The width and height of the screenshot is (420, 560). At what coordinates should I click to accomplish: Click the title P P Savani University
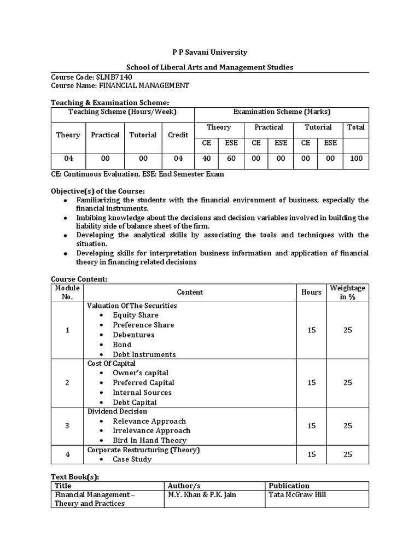point(210,52)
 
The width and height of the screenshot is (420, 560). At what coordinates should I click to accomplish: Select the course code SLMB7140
point(113,77)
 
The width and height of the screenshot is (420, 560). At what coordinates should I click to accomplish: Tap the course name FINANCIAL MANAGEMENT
point(144,86)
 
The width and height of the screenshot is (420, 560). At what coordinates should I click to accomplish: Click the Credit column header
point(178,135)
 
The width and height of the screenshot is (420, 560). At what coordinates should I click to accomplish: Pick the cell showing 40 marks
point(207,159)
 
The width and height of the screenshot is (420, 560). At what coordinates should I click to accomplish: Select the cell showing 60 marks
point(231,159)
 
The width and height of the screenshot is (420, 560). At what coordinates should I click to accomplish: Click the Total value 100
point(355,159)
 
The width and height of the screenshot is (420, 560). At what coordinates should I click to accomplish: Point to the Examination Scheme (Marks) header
point(282,112)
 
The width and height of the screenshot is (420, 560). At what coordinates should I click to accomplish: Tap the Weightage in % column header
point(347,293)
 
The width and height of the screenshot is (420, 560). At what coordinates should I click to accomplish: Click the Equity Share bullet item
point(135,315)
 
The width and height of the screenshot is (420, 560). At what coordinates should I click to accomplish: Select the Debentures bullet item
point(133,335)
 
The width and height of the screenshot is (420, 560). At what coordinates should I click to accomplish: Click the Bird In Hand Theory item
point(149,440)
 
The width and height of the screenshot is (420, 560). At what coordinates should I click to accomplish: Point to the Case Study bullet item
point(132,459)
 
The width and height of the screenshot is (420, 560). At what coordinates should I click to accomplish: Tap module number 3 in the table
point(67,426)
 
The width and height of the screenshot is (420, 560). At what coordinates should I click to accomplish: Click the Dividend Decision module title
point(117,411)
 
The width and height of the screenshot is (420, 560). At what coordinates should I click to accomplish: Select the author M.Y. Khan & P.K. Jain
point(202,495)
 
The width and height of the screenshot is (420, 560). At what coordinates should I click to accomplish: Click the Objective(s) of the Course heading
point(98,191)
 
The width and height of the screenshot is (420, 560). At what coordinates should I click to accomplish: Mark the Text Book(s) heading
point(75,477)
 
